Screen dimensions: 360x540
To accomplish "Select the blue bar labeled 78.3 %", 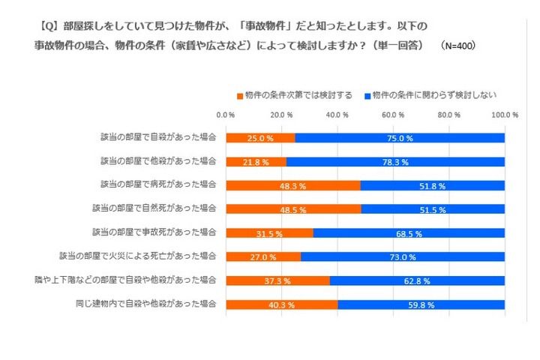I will coord(395,161).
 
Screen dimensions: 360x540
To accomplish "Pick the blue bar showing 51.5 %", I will coord(433,208).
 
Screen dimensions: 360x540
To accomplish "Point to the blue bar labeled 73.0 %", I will coord(403,256).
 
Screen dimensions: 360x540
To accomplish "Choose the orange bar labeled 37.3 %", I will coord(277,280).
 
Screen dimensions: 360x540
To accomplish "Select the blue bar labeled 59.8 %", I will coord(421,304).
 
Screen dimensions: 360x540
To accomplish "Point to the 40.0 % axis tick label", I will coord(337,115).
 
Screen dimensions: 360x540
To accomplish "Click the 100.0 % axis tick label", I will coord(504,115).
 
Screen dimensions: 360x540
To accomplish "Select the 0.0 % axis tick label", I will coord(226,115).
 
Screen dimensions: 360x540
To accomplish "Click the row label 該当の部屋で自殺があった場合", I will coord(158,138).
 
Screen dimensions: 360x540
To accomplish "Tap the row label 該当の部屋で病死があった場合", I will coord(158,185).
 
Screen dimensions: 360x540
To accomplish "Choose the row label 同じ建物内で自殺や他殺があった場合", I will coord(146,304).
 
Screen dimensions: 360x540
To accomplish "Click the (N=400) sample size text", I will coord(458,45).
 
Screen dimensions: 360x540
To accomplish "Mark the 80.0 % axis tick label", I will coord(448,115).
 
